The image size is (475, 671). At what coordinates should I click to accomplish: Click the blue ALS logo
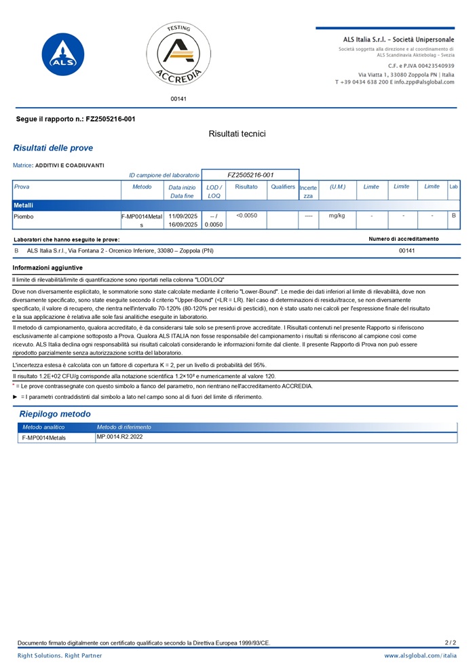coord(63,57)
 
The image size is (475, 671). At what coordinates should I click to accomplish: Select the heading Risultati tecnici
coord(237,134)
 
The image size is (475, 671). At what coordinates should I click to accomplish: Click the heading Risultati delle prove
coord(53,148)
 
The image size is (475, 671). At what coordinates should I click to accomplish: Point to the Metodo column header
coord(142,187)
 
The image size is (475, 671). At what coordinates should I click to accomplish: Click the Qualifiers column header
coord(283,187)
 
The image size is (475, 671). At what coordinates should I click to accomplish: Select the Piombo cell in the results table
coord(24,216)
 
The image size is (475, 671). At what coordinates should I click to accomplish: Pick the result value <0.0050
coord(246,216)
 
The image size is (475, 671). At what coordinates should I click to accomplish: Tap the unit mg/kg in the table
coord(337,216)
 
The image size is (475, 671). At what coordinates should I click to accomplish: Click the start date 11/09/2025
coord(183,216)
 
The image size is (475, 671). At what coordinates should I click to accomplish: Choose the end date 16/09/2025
coord(183,225)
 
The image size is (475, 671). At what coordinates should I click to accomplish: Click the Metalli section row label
coord(24,205)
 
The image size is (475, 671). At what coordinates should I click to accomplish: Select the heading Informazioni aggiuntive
coord(47,268)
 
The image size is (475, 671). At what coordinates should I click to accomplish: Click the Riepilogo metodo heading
coord(55,414)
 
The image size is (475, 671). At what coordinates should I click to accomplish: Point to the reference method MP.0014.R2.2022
coord(120,437)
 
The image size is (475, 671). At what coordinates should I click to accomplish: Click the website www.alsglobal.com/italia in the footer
coord(421,656)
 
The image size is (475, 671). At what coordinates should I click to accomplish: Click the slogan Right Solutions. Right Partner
coord(60,656)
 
